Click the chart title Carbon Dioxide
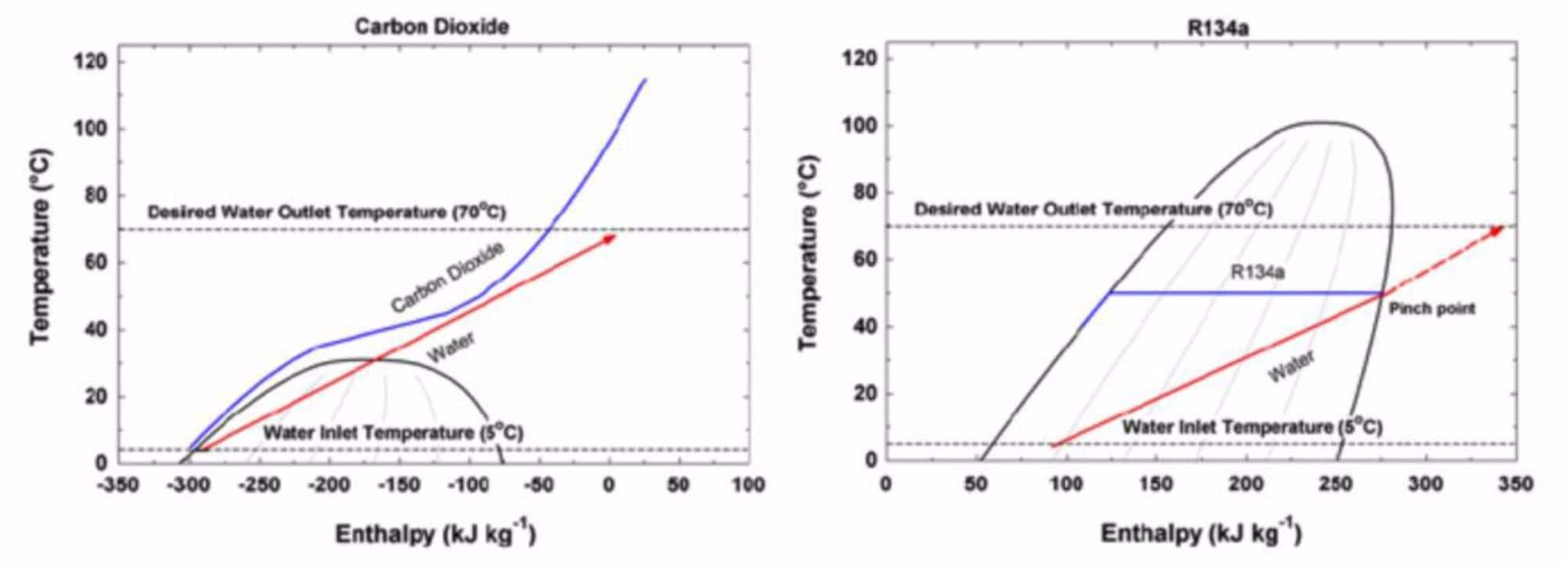[432, 27]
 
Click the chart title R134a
[1218, 29]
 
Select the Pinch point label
[1431, 309]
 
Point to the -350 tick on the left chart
[118, 485]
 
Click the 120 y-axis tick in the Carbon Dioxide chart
[90, 61]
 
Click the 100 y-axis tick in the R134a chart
[859, 126]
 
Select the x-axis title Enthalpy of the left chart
[436, 534]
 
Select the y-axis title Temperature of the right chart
[809, 252]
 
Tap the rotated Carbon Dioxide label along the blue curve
[448, 278]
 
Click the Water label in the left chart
[451, 347]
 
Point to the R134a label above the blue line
[1257, 272]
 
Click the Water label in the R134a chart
[1291, 367]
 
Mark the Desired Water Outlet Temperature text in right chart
[1093, 210]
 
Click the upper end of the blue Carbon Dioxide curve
[646, 79]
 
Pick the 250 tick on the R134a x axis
[1335, 484]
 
